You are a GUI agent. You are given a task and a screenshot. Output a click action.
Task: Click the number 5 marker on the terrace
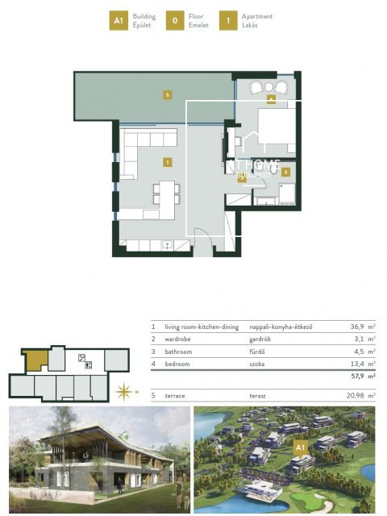tap(167, 95)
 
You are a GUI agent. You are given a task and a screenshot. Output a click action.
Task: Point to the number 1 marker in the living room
tap(167, 162)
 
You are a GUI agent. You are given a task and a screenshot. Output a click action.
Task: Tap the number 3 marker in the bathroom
tap(285, 171)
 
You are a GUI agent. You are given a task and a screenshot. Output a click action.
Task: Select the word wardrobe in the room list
tap(177, 339)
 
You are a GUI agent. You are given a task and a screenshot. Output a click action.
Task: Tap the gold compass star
tap(124, 393)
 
